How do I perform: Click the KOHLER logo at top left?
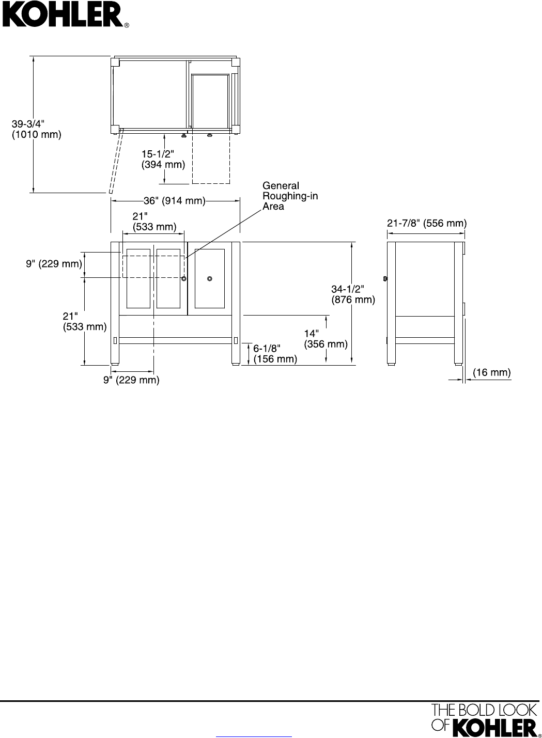[x=65, y=14]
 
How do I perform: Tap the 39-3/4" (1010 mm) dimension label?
[x=36, y=129]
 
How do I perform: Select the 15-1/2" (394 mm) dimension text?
[x=163, y=159]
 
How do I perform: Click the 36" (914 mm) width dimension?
[x=175, y=201]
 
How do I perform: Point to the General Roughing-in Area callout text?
[x=290, y=196]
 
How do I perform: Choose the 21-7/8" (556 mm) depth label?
[x=427, y=224]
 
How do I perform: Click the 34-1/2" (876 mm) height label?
[x=353, y=294]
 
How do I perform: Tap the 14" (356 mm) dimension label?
[x=326, y=339]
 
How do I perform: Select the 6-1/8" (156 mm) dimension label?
[x=275, y=354]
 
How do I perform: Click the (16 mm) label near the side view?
[x=491, y=373]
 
